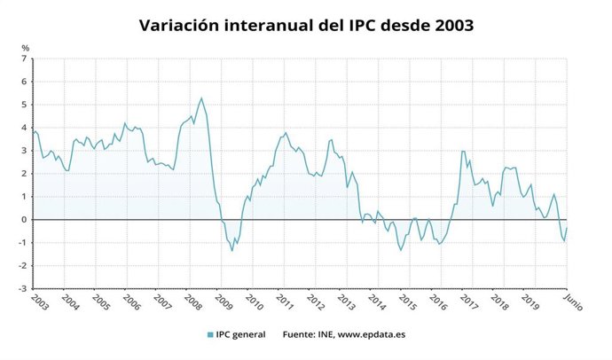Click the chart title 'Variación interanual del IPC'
pyautogui.click(x=306, y=25)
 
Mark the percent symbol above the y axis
pyautogui.click(x=26, y=47)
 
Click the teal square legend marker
pyautogui.click(x=209, y=334)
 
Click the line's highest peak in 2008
pyautogui.click(x=201, y=98)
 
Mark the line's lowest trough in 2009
pyautogui.click(x=232, y=250)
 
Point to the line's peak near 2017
pyautogui.click(x=463, y=151)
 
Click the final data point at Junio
pyautogui.click(x=567, y=228)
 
